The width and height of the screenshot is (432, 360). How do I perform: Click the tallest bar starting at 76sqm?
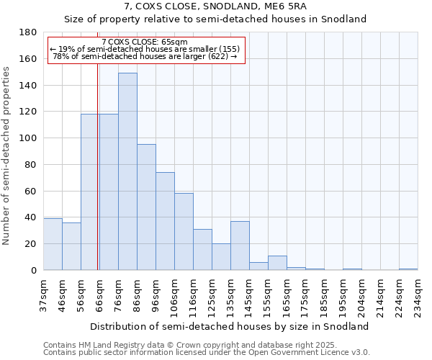click(127, 171)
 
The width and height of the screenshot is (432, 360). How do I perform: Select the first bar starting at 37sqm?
click(53, 244)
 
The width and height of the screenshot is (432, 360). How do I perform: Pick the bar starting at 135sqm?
click(240, 246)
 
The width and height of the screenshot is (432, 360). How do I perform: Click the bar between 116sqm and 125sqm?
click(202, 250)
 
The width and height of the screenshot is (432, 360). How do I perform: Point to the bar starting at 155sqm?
click(277, 263)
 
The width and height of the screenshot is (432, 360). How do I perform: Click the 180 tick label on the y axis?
click(29, 32)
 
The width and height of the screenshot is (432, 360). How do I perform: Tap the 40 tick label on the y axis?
click(31, 217)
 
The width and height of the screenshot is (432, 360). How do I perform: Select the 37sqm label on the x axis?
click(43, 294)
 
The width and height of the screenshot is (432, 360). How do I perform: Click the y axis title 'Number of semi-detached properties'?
click(7, 156)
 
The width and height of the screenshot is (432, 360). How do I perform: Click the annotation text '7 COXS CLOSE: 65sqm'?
click(145, 42)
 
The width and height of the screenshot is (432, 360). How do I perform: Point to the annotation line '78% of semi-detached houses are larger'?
click(145, 56)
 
